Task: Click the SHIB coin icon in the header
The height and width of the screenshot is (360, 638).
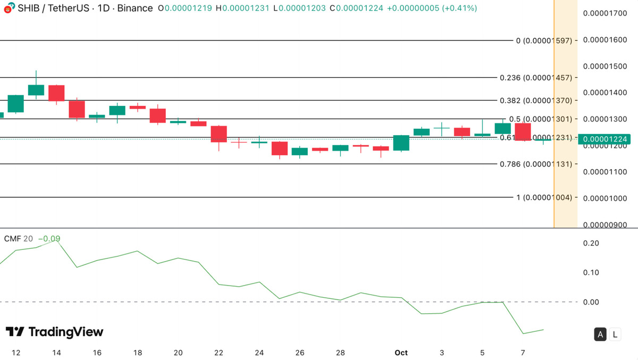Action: [8, 9]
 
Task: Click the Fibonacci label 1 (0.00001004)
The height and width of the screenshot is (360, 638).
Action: [543, 197]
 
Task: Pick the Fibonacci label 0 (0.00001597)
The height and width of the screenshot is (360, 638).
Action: [543, 40]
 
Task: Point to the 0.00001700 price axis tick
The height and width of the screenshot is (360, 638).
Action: [606, 13]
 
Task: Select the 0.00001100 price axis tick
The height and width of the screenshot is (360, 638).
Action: [606, 172]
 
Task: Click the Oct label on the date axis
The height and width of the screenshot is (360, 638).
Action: [401, 352]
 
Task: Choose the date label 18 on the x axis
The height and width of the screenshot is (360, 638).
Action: [138, 352]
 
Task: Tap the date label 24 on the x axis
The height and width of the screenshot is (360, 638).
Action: [259, 352]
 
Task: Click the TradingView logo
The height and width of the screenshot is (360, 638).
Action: [54, 332]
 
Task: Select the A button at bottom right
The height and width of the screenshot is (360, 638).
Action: [600, 334]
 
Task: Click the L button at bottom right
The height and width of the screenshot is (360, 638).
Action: [615, 334]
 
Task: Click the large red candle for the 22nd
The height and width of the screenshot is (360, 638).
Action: [219, 134]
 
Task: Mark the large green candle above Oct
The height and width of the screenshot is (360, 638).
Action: [401, 143]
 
